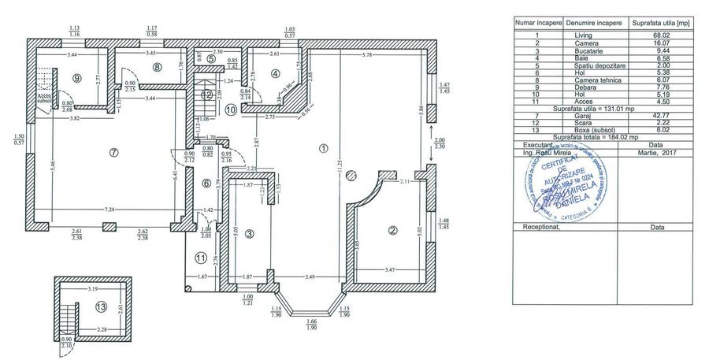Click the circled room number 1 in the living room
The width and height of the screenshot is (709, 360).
coord(321,147)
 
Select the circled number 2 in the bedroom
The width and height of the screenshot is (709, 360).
coord(392,231)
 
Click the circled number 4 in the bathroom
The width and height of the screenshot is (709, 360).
coord(275,74)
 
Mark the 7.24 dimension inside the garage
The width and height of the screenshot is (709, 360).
coord(108,210)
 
